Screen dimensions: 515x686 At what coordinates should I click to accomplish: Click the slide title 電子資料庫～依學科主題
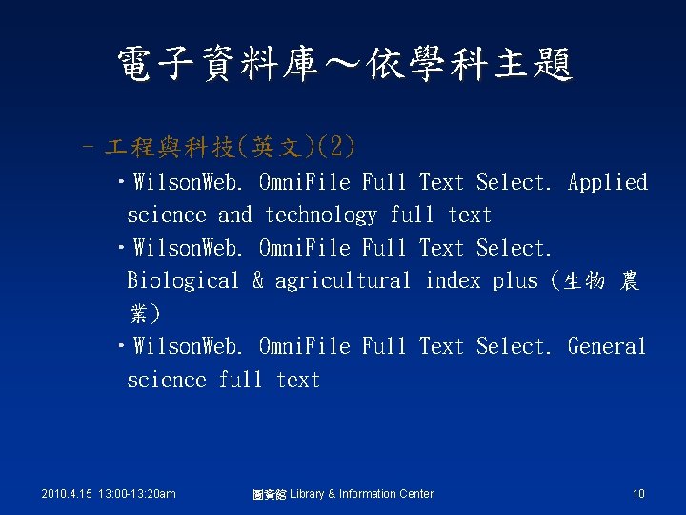343,65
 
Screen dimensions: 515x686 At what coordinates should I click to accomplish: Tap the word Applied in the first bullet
607,182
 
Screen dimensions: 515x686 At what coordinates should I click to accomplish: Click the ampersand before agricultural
257,281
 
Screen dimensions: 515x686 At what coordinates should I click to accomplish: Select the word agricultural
343,281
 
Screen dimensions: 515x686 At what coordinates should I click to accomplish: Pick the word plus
514,281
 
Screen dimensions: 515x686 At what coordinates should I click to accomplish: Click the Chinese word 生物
584,282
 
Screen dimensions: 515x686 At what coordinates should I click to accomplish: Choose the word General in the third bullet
607,346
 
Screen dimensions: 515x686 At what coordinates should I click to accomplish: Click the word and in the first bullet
234,216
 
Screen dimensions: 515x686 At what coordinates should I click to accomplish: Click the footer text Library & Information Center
360,494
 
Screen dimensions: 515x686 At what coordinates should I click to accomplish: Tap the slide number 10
638,494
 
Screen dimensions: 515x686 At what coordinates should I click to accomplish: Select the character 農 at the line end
629,282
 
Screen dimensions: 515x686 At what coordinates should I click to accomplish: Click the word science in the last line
166,380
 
